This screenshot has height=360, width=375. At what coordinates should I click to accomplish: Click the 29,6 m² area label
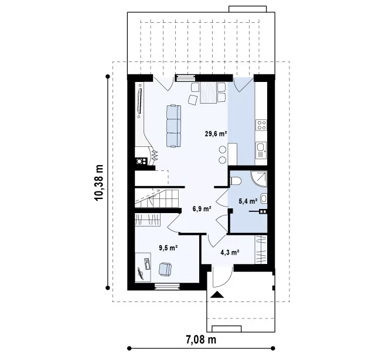[216, 133]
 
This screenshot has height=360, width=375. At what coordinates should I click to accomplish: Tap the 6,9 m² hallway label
[202, 209]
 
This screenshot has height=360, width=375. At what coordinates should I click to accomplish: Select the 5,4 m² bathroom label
[248, 201]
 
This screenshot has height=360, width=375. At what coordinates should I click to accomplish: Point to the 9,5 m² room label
[168, 248]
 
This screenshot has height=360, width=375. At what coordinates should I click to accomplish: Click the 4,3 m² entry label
[230, 252]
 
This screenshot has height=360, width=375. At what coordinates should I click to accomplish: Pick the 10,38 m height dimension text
[99, 183]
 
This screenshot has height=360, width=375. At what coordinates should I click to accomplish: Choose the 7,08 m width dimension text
[201, 340]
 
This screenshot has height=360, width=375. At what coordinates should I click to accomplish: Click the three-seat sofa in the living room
[173, 126]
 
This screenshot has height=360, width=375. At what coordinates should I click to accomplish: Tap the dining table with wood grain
[209, 92]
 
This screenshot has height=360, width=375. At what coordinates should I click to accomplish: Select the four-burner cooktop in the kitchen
[261, 125]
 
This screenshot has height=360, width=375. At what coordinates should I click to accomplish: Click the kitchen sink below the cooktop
[261, 150]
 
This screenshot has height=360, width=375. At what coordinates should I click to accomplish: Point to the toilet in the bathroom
[236, 181]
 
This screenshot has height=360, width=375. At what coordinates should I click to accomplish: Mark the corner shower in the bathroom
[259, 179]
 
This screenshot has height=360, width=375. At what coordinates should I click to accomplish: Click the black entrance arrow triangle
[217, 294]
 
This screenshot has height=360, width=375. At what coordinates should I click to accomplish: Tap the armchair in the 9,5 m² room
[165, 269]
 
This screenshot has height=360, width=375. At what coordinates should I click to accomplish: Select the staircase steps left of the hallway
[157, 198]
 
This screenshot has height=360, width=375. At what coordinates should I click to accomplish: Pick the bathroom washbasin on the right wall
[264, 198]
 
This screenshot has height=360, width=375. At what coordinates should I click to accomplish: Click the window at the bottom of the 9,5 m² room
[167, 286]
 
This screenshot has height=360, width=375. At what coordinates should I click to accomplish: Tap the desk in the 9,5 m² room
[143, 267]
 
